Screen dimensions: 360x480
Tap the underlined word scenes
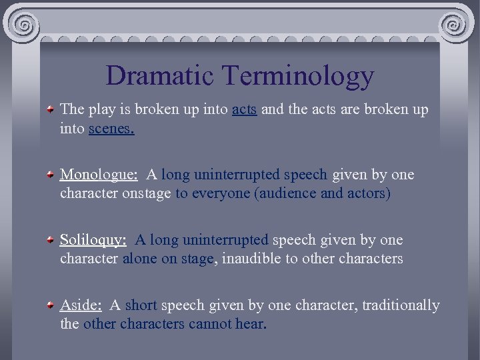tap(111, 129)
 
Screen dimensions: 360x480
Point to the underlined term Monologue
tap(99, 175)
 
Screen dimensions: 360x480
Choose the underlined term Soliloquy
tap(93, 240)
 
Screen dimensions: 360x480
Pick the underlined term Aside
tap(81, 305)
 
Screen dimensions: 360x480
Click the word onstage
tap(146, 194)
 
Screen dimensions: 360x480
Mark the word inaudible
tap(251, 259)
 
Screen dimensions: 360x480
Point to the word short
tap(141, 305)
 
